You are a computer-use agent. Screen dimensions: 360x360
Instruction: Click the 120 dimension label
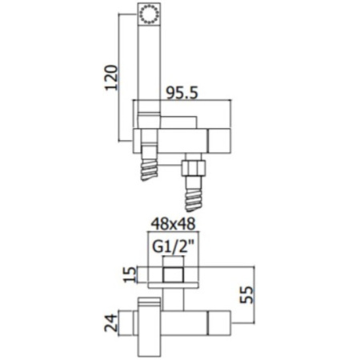click(x=111, y=78)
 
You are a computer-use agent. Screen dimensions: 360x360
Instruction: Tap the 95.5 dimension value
click(x=182, y=94)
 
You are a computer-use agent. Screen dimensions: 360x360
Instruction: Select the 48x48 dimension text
click(x=174, y=225)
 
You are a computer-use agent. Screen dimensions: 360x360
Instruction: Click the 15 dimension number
click(x=130, y=274)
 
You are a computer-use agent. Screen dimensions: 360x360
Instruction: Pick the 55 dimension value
click(x=246, y=294)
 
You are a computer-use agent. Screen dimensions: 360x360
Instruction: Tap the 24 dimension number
click(x=110, y=322)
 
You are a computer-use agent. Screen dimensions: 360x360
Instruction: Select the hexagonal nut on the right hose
click(x=194, y=167)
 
